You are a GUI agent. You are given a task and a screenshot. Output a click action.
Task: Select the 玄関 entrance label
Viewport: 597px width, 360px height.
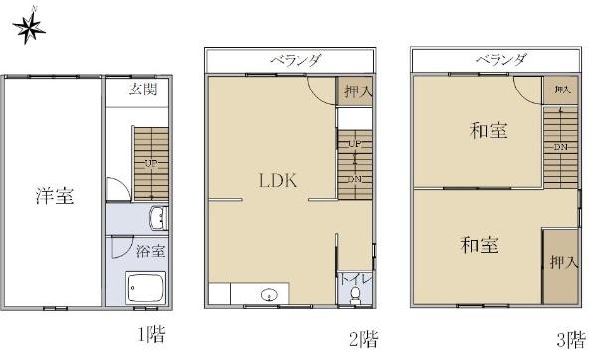click(x=145, y=90)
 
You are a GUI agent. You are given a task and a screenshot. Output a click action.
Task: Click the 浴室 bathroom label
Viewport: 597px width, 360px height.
click(x=149, y=252)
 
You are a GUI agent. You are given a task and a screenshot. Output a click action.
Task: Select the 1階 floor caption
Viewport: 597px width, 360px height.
click(x=150, y=335)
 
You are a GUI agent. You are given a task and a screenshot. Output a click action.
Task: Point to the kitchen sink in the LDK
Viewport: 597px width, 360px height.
click(x=270, y=294)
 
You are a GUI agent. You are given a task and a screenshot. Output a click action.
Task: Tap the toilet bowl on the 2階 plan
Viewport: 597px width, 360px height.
click(x=354, y=295)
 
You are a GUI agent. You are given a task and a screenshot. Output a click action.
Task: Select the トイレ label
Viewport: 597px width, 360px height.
click(x=354, y=279)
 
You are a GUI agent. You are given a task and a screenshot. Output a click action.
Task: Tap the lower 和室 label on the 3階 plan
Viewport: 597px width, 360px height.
click(x=480, y=244)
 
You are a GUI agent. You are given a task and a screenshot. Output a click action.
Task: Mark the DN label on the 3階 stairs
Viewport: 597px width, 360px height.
click(x=560, y=148)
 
